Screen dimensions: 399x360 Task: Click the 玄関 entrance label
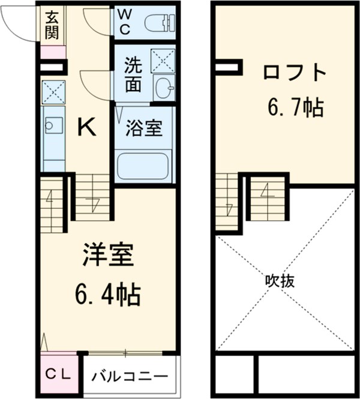point(52,25)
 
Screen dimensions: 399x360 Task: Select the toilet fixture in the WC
point(160,23)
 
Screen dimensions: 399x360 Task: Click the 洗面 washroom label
point(133,75)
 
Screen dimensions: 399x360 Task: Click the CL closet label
point(59,376)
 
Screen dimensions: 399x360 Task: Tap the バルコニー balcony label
point(130,377)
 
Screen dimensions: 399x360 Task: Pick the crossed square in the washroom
point(162,61)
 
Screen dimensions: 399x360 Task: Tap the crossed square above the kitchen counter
point(53,92)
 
